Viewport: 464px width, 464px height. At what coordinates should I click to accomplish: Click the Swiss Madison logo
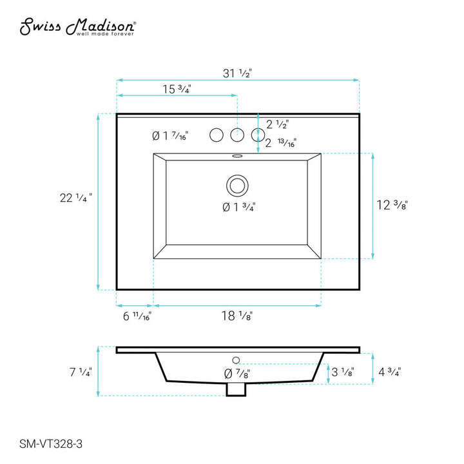78,27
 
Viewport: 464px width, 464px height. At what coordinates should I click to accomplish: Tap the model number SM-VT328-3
51,444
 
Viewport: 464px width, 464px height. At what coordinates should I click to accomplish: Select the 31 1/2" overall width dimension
237,73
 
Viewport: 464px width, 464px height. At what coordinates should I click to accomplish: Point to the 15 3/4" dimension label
177,89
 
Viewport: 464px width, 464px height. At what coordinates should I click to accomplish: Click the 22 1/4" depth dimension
76,198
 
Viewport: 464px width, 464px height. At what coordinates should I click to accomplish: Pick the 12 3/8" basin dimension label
392,205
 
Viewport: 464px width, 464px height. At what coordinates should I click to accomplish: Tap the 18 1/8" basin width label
237,316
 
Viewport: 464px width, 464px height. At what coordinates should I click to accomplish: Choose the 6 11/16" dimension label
137,316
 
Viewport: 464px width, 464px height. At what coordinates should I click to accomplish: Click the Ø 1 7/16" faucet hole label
170,136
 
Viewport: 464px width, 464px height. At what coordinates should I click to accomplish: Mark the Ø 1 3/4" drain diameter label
239,207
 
